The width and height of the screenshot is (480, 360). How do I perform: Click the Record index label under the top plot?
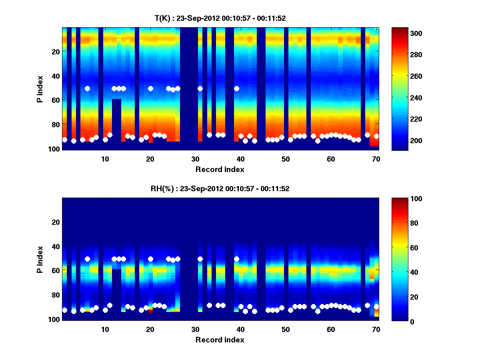[x=220, y=169]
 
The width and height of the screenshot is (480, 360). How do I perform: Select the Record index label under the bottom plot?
[x=220, y=340]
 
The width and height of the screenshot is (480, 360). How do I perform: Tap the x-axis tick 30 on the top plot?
[x=195, y=158]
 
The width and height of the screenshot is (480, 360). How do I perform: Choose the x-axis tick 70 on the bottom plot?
[x=376, y=329]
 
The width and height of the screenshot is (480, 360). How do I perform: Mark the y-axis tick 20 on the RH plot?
[x=56, y=222]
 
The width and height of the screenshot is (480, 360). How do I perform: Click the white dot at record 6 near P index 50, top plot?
[x=87, y=88]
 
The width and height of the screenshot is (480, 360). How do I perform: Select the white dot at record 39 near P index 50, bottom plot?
[x=236, y=259]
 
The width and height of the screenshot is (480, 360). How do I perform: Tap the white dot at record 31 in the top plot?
[x=200, y=88]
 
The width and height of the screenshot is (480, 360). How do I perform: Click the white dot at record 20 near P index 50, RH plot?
[x=150, y=259]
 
